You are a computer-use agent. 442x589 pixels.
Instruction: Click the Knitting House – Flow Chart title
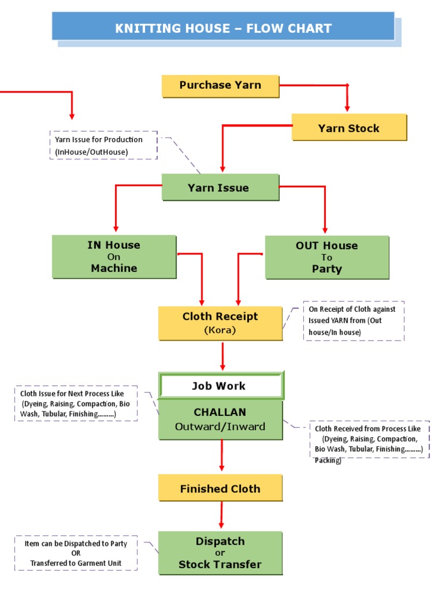[223, 28]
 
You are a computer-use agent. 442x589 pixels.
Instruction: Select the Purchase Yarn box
[220, 85]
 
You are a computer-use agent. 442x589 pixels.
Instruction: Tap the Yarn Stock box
[349, 128]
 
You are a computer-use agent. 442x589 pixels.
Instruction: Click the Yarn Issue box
[220, 188]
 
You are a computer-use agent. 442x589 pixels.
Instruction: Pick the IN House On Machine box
[114, 257]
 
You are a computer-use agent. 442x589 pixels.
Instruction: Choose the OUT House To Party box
[326, 257]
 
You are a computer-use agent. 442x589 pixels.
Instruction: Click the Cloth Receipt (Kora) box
[220, 323]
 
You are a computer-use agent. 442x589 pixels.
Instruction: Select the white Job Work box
[220, 386]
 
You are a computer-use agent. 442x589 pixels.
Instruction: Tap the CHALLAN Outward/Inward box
[220, 419]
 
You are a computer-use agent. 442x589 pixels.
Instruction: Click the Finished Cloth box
[220, 488]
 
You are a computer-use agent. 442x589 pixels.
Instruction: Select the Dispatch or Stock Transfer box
[220, 553]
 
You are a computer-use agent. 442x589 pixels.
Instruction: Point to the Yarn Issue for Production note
[103, 146]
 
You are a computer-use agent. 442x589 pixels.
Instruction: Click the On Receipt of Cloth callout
[353, 320]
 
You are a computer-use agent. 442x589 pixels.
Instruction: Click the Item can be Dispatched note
[76, 553]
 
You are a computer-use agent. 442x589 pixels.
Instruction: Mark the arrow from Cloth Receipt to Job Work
[223, 356]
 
